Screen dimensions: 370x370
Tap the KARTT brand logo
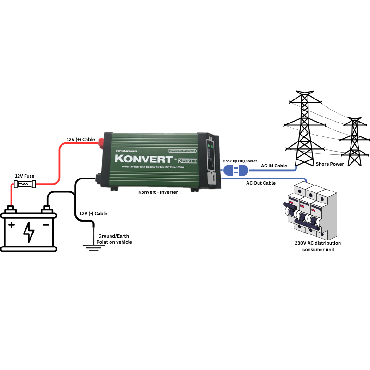tap(189, 160)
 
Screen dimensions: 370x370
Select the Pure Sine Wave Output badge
tap(182, 151)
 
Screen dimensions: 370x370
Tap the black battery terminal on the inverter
tap(99, 178)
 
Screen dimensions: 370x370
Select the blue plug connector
tap(235, 170)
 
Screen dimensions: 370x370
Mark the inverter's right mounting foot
tap(193, 190)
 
